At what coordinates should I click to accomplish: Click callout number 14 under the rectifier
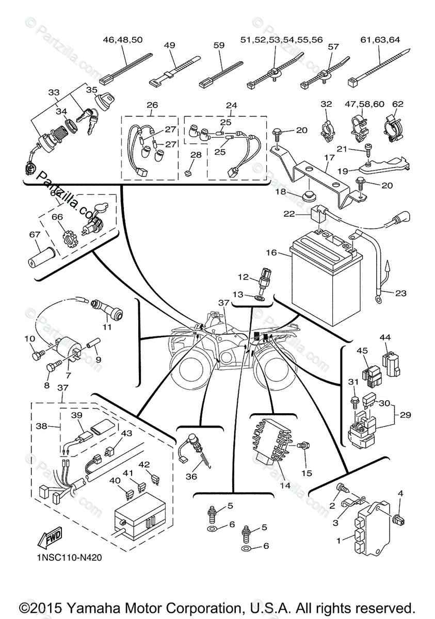point(285,485)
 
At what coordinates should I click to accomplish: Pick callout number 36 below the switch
point(191,476)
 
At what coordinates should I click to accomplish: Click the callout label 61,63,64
point(381,39)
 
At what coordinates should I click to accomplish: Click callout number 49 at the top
point(170,45)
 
